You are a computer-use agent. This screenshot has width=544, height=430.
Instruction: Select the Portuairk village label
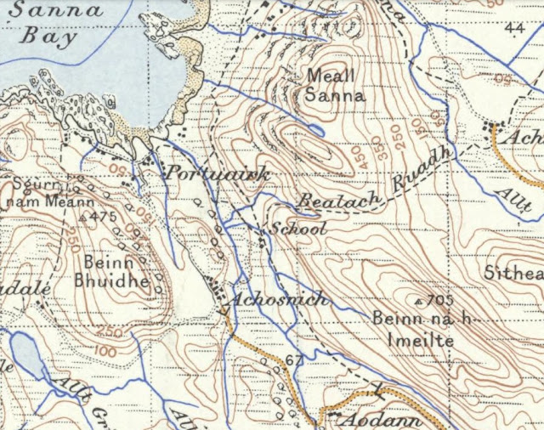(x=217, y=174)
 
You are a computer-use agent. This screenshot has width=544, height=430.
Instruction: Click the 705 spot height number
(x=439, y=302)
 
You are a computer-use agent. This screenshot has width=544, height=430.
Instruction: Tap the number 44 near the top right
(x=513, y=29)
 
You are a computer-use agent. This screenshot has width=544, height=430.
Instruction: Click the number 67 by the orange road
(x=294, y=360)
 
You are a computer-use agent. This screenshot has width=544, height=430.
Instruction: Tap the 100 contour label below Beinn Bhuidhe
(x=105, y=349)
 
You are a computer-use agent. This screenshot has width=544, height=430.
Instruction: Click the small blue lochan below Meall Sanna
(x=316, y=130)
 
